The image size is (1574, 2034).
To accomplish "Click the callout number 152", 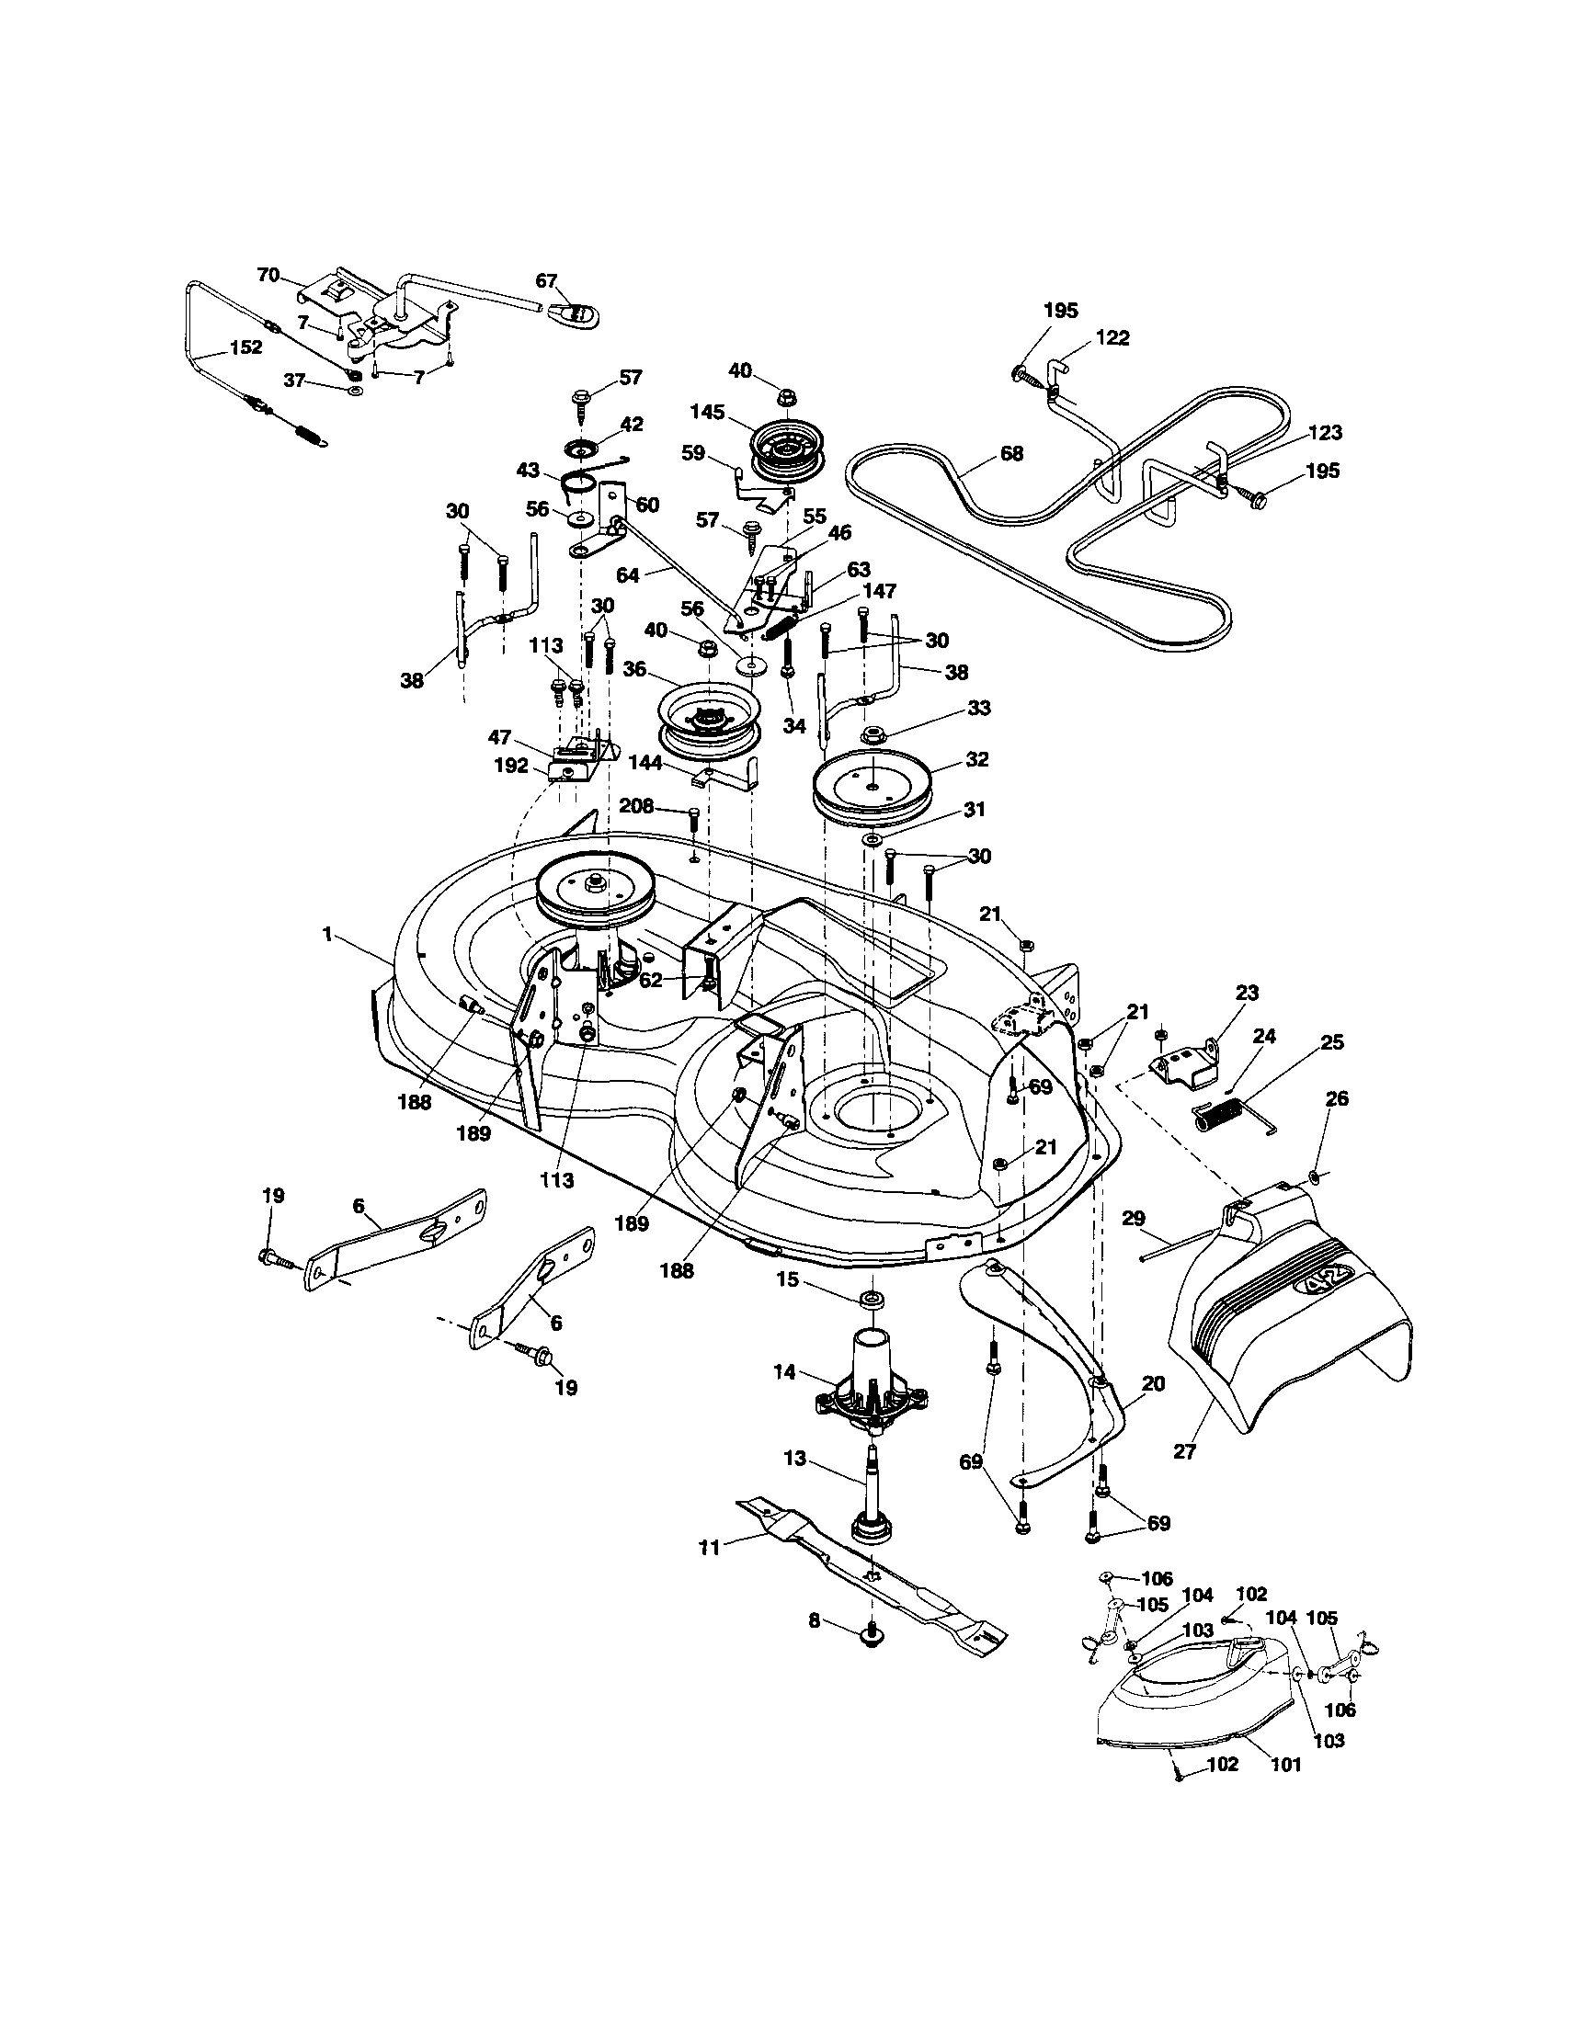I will (x=245, y=347).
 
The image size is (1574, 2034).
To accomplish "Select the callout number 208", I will (x=636, y=805).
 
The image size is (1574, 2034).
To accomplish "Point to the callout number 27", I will (x=1184, y=1452).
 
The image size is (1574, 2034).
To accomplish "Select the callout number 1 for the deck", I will (x=327, y=934).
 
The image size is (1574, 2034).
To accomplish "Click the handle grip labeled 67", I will (x=570, y=311).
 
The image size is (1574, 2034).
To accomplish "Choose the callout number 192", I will (x=511, y=766).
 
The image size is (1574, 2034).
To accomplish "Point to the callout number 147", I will (x=880, y=590).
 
